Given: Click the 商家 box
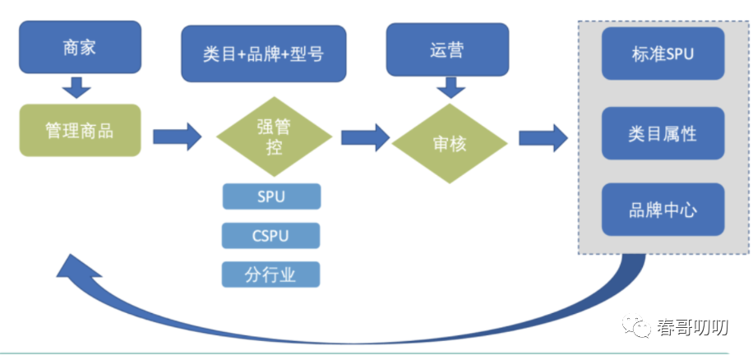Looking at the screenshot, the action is (81, 47).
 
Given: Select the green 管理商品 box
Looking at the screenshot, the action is (80, 130).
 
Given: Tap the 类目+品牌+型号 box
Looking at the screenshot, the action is (264, 53).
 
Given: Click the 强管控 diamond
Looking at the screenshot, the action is (274, 136).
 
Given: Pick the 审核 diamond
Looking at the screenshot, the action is (450, 144).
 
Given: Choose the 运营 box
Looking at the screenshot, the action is (447, 49).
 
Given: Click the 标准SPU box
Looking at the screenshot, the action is (663, 53).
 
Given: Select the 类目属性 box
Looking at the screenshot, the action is (663, 133).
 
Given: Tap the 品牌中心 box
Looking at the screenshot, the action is (663, 210).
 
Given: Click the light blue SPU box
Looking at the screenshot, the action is (271, 196).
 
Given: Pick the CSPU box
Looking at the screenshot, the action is (270, 236).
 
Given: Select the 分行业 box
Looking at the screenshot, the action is (270, 275).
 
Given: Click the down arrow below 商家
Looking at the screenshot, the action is (76, 87).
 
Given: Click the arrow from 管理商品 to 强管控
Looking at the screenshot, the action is (178, 136).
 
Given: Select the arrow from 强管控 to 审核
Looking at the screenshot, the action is (366, 138).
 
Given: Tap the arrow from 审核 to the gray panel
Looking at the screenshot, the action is (543, 138).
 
